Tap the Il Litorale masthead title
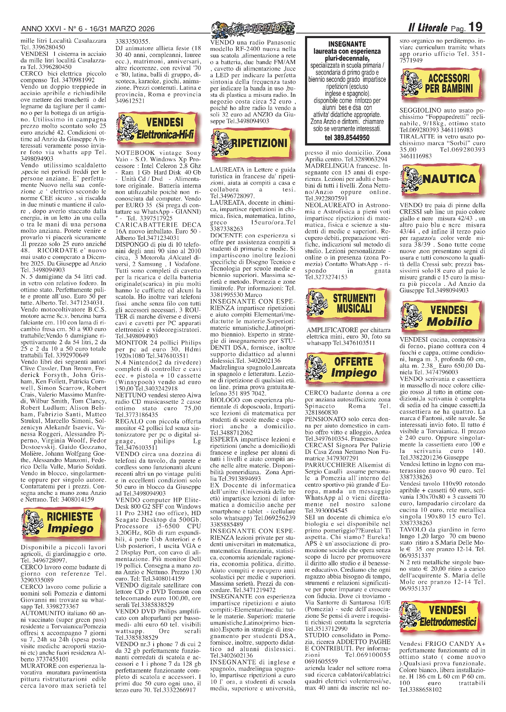point(428,27)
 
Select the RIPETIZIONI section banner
point(249,143)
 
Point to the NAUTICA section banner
point(442,179)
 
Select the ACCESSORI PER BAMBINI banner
point(442,84)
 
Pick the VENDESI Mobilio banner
point(442,315)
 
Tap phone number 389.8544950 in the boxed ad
point(347,137)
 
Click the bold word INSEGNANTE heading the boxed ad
point(347,44)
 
